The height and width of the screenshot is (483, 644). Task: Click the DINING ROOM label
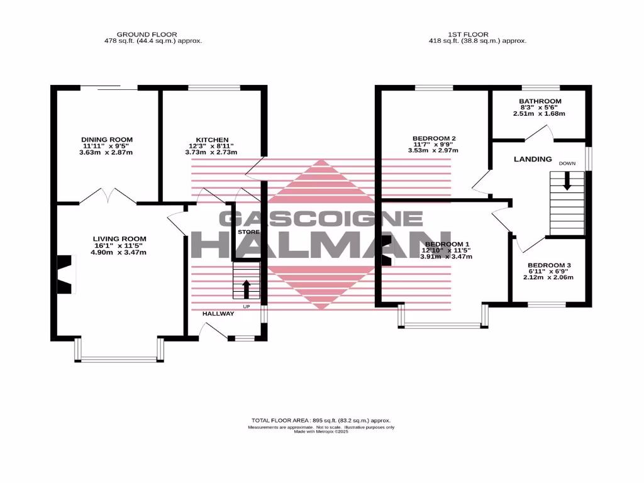[x=107, y=140]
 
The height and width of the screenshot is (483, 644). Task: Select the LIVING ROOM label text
[x=119, y=239]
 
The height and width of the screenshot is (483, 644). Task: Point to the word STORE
[x=248, y=233]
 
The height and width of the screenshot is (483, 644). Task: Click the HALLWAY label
[x=218, y=313]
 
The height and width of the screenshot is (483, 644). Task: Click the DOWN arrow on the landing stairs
[x=567, y=181]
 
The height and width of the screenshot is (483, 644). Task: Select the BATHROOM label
[x=540, y=101]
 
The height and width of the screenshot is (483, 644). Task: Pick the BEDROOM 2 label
[x=434, y=138]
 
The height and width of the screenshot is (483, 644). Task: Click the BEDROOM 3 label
[x=550, y=265]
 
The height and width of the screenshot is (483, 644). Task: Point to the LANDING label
[x=533, y=160]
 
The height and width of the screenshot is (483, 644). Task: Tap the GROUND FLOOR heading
[x=147, y=35]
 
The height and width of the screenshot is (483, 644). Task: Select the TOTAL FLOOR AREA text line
[x=321, y=420]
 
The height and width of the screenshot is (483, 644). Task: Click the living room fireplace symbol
[x=65, y=274]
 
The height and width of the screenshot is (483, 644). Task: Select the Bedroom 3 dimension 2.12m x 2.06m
[x=550, y=277]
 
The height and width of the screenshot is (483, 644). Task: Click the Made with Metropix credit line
[x=321, y=432]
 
